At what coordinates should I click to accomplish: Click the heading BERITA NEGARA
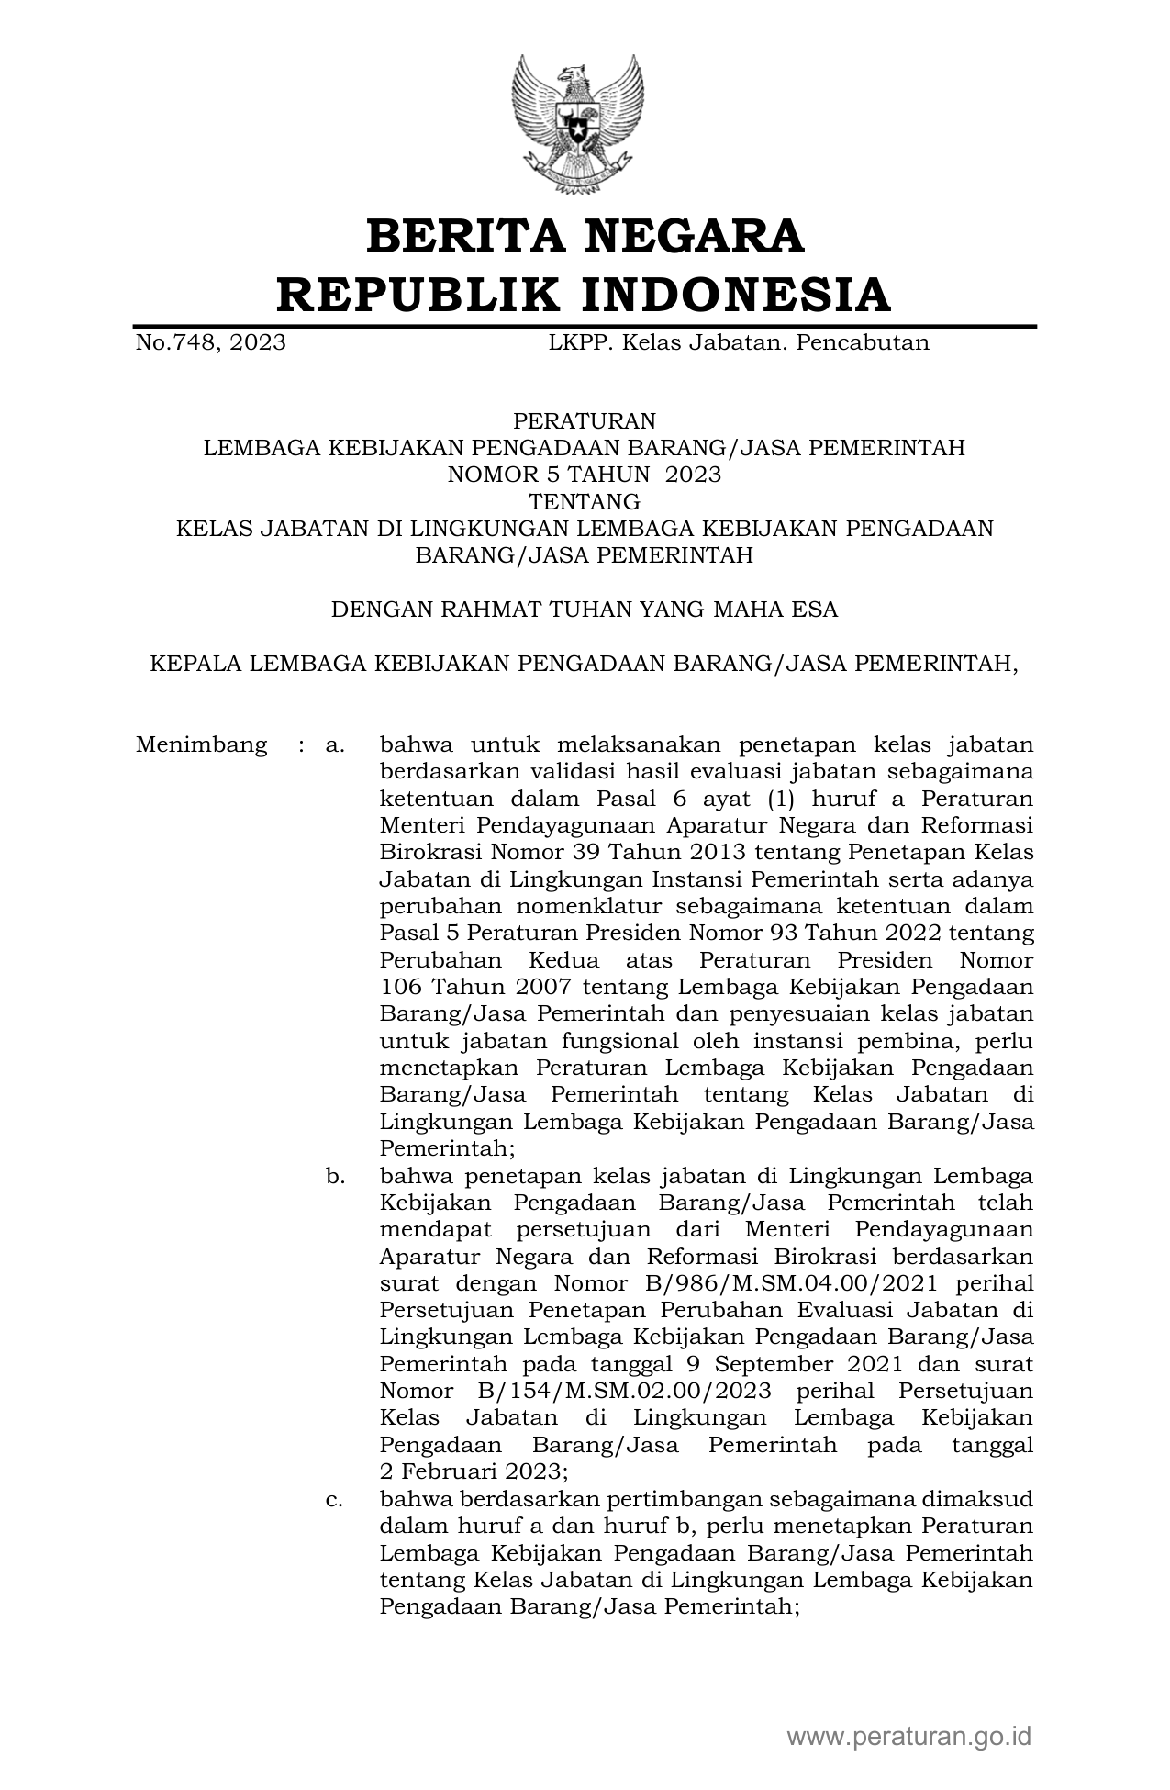pyautogui.click(x=585, y=237)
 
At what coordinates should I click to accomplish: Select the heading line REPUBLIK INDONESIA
pyautogui.click(x=585, y=295)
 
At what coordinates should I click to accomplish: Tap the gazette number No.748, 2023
pyautogui.click(x=210, y=343)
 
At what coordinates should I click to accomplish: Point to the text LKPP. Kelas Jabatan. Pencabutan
pyautogui.click(x=739, y=343)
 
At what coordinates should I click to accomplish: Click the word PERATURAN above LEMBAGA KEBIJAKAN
pyautogui.click(x=585, y=421)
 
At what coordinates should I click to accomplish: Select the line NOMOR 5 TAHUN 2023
pyautogui.click(x=585, y=475)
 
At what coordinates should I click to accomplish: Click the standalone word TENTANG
pyautogui.click(x=585, y=501)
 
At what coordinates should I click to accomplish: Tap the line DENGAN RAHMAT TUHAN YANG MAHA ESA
pyautogui.click(x=585, y=609)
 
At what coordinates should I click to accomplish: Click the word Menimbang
pyautogui.click(x=202, y=744)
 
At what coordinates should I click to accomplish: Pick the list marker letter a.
pyautogui.click(x=334, y=744)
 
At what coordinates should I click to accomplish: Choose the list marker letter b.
pyautogui.click(x=334, y=1176)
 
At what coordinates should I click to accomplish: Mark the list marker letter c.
pyautogui.click(x=334, y=1499)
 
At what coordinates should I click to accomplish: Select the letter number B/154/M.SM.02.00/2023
pyautogui.click(x=620, y=1391)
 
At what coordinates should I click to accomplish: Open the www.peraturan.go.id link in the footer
pyautogui.click(x=909, y=1737)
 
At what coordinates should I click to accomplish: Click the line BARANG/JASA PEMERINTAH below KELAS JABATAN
pyautogui.click(x=585, y=555)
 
